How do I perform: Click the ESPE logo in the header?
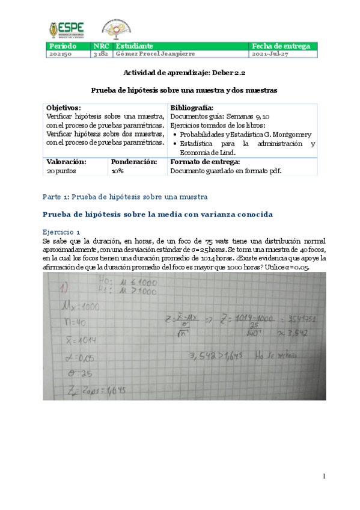[66, 28]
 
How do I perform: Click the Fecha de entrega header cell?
[281, 46]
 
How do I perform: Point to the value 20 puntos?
[62, 171]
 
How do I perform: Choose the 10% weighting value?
[118, 171]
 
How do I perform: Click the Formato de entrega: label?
[206, 162]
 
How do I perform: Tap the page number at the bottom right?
[324, 476]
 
